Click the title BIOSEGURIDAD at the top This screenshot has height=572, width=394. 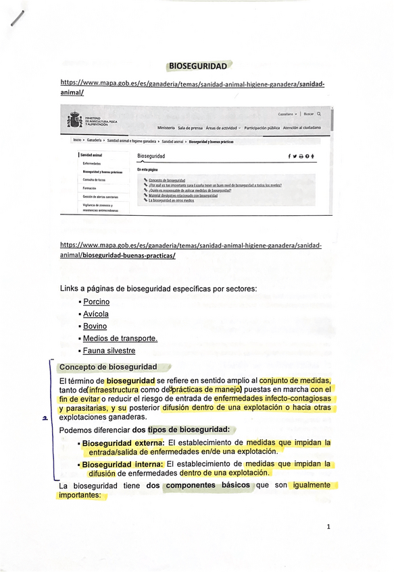pyautogui.click(x=197, y=66)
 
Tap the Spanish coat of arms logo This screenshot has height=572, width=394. pyautogui.click(x=75, y=121)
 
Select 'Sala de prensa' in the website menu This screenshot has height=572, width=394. pyautogui.click(x=190, y=127)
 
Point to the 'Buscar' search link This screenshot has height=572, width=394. pyautogui.click(x=308, y=114)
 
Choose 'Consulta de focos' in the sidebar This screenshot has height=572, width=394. pyautogui.click(x=95, y=180)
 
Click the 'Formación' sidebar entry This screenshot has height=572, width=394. pyautogui.click(x=89, y=188)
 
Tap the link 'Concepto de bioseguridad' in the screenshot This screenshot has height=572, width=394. pyautogui.click(x=167, y=181)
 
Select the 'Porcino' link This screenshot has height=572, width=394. pyautogui.click(x=96, y=302)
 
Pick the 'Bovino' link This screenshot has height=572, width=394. pyautogui.click(x=95, y=326)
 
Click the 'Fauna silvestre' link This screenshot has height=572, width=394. pyautogui.click(x=109, y=351)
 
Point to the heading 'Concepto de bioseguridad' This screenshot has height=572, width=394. pyautogui.click(x=108, y=368)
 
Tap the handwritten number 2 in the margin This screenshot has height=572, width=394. pyautogui.click(x=44, y=419)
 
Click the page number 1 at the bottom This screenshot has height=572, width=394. pyautogui.click(x=328, y=527)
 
